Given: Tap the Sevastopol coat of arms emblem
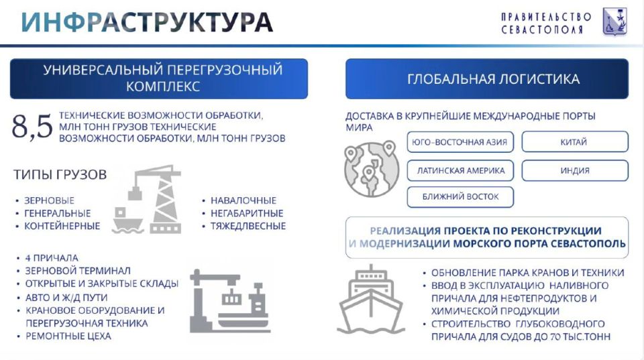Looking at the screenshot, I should click(x=614, y=21).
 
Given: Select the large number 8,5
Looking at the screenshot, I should click(x=32, y=127).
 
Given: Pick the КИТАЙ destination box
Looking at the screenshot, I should click(x=574, y=142).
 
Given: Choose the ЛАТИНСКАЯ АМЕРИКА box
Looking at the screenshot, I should click(x=461, y=170).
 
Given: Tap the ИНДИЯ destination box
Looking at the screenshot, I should click(x=574, y=170).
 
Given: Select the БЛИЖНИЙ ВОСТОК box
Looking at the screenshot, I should click(x=461, y=197).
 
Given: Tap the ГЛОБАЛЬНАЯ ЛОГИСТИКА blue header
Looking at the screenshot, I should click(x=486, y=79).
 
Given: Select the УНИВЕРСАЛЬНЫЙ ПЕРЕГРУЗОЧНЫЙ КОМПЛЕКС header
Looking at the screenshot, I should click(x=159, y=78).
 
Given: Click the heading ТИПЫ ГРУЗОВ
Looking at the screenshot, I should click(x=60, y=175).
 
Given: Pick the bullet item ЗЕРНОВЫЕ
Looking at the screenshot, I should click(x=49, y=200).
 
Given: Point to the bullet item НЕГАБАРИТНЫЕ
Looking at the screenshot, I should click(x=246, y=213).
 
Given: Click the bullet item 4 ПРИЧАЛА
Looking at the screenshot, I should click(x=52, y=258).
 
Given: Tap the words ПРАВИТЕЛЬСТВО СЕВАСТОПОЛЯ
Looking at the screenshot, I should click(x=546, y=23).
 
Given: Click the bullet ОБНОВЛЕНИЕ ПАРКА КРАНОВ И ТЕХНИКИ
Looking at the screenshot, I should click(x=527, y=273).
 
